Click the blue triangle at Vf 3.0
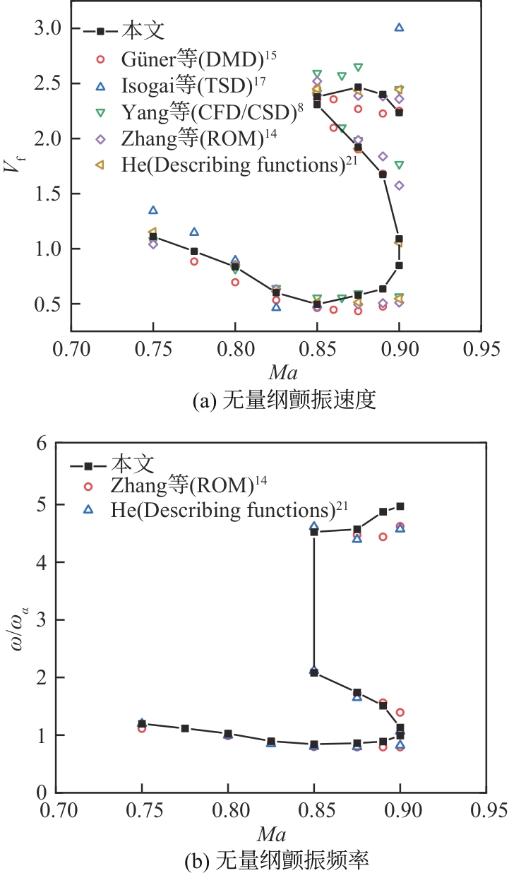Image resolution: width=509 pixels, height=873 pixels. tap(399, 28)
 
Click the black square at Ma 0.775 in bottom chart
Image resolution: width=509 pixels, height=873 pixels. tap(185, 728)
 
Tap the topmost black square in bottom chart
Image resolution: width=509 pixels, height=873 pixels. tap(400, 506)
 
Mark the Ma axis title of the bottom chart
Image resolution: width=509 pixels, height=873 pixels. tap(271, 835)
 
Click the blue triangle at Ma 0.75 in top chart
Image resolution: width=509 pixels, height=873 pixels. tap(153, 210)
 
